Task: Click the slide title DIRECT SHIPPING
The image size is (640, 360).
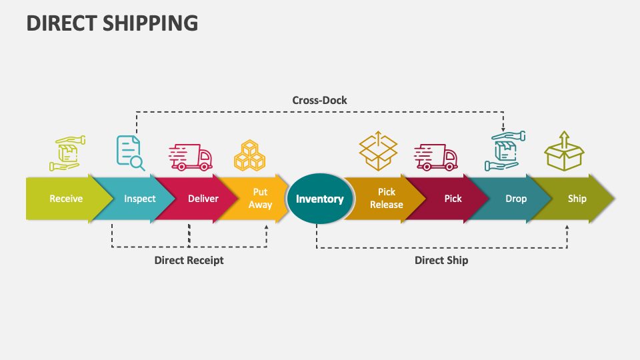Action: coord(112,23)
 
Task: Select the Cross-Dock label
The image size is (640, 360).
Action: coord(319,100)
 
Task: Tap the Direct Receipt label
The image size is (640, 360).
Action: coord(189,260)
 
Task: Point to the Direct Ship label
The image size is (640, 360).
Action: coord(441,260)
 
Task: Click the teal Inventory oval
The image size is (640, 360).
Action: coord(320,199)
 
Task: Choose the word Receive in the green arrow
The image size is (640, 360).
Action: coord(66,199)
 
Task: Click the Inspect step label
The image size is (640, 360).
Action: coord(140,199)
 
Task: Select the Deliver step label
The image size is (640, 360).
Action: coord(203,199)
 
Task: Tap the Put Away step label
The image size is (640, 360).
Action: coord(260,199)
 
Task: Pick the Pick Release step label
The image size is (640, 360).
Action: coord(387,199)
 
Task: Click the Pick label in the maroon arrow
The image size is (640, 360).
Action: coord(453,199)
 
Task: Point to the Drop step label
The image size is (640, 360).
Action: coord(516,199)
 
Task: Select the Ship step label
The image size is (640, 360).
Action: coord(577,199)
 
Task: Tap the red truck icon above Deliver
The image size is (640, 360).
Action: coord(190,157)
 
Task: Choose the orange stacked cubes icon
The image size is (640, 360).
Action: coord(249,155)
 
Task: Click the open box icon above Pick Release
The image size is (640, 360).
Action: coord(378,151)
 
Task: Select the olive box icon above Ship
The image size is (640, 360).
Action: coord(564,151)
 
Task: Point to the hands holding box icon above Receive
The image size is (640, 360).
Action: coord(67,153)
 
